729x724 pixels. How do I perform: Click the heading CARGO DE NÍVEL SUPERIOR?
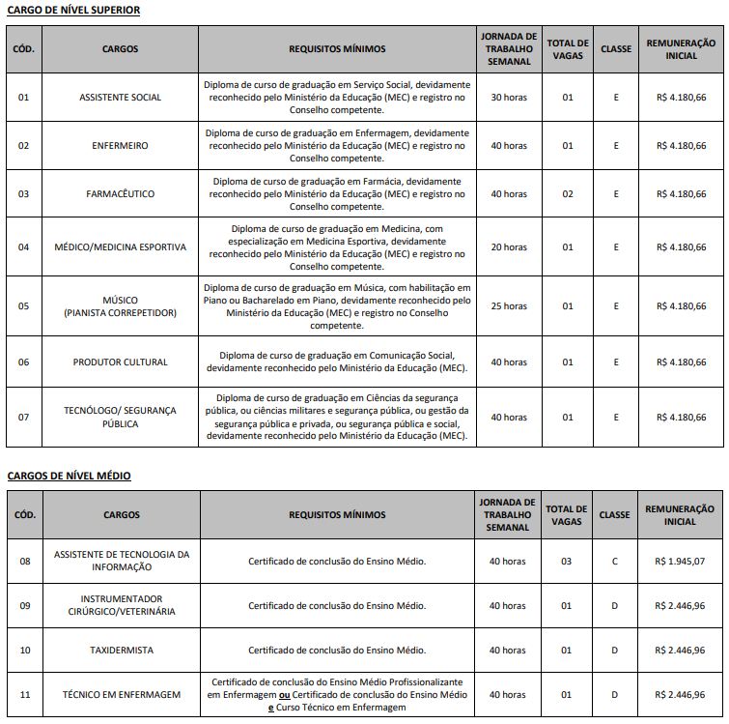click(x=73, y=10)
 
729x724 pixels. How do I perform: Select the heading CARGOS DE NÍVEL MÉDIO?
click(x=69, y=476)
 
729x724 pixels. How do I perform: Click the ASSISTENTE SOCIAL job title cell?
click(x=121, y=98)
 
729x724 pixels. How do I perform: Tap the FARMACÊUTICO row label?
click(x=121, y=194)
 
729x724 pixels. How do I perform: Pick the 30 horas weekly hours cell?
click(x=509, y=98)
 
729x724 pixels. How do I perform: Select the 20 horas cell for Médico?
click(x=509, y=247)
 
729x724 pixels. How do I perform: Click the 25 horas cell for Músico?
click(x=509, y=306)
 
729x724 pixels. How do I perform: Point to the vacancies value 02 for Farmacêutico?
click(x=568, y=194)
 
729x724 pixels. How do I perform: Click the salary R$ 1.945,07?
click(x=681, y=562)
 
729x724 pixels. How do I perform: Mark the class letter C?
click(x=615, y=562)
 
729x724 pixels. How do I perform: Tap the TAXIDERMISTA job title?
click(x=121, y=651)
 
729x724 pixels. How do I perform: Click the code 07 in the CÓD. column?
click(x=24, y=418)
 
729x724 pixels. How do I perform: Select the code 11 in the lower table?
click(x=25, y=695)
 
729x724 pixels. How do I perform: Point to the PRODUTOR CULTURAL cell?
click(x=121, y=362)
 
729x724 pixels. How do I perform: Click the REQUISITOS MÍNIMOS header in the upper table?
click(x=337, y=48)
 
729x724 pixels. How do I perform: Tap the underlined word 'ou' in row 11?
click(x=285, y=695)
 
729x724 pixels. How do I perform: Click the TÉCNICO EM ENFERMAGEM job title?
click(x=122, y=695)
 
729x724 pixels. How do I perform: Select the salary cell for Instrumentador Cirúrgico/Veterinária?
click(x=681, y=606)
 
